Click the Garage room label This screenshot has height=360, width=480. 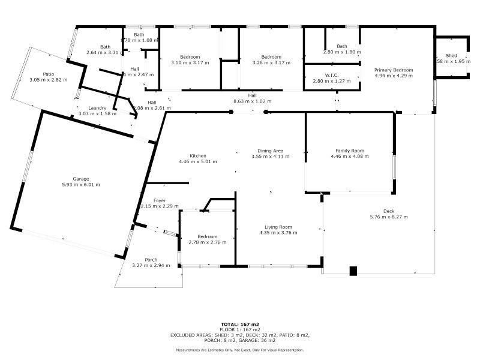click(x=81, y=179)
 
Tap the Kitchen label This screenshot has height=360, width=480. click(x=198, y=155)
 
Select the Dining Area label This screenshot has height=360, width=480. click(x=271, y=151)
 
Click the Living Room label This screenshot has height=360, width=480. click(x=278, y=227)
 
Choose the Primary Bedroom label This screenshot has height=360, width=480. click(x=394, y=70)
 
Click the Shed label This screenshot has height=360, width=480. click(x=451, y=56)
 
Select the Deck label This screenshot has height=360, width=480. click(x=389, y=211)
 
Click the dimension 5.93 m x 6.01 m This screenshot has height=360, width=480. click(x=81, y=185)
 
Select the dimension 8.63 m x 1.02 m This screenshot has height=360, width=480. click(x=252, y=101)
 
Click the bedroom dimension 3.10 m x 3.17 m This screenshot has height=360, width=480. click(x=190, y=63)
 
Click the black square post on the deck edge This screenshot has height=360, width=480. click(x=353, y=271)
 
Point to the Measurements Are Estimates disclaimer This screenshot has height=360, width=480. click(x=239, y=350)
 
